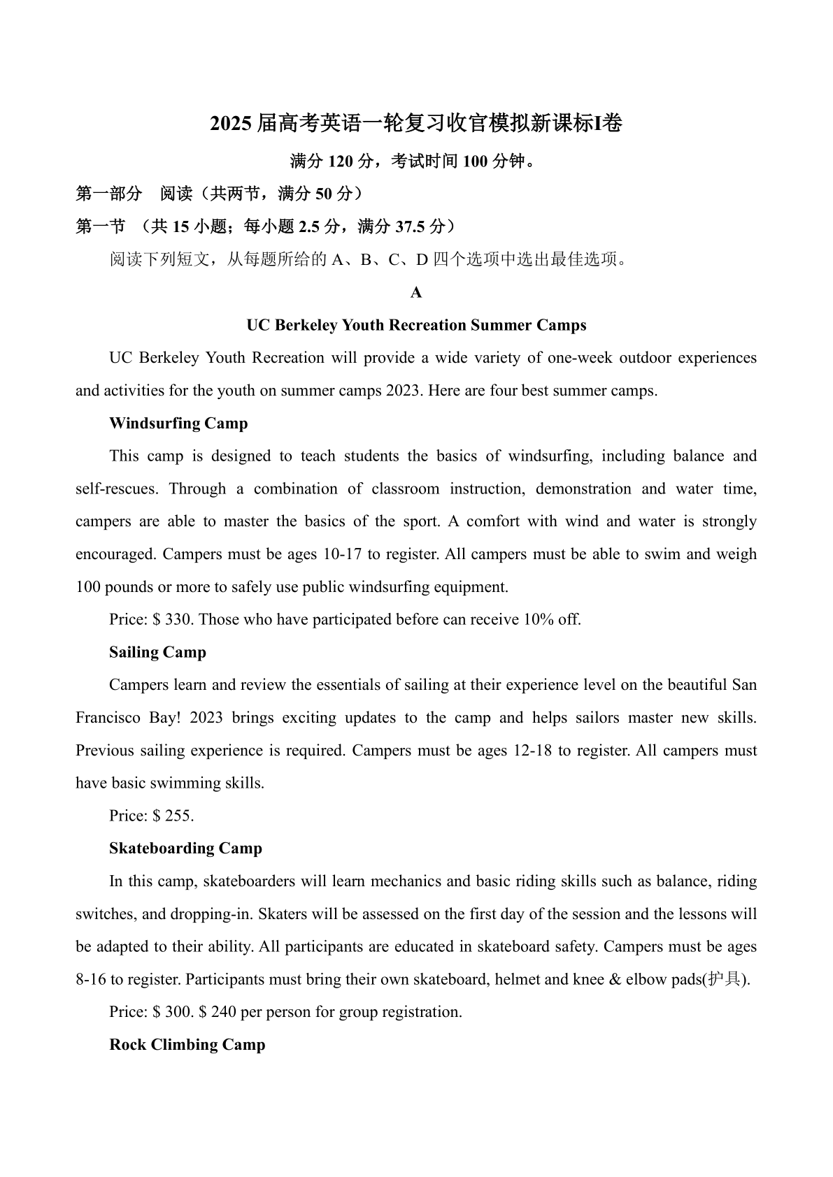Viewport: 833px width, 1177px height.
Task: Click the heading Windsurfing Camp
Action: tap(178, 424)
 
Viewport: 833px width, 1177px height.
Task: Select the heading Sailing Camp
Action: tap(157, 652)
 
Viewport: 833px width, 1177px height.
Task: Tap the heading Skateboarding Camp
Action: tap(185, 849)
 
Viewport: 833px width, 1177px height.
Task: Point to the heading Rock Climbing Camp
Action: tap(187, 1045)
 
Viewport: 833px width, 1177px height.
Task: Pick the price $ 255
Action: tap(172, 816)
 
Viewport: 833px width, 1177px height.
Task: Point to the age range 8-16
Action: tap(91, 979)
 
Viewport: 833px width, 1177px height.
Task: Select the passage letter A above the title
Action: tap(416, 293)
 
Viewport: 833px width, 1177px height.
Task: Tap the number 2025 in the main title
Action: tap(231, 124)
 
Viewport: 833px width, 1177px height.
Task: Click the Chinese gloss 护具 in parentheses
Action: tap(724, 979)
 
